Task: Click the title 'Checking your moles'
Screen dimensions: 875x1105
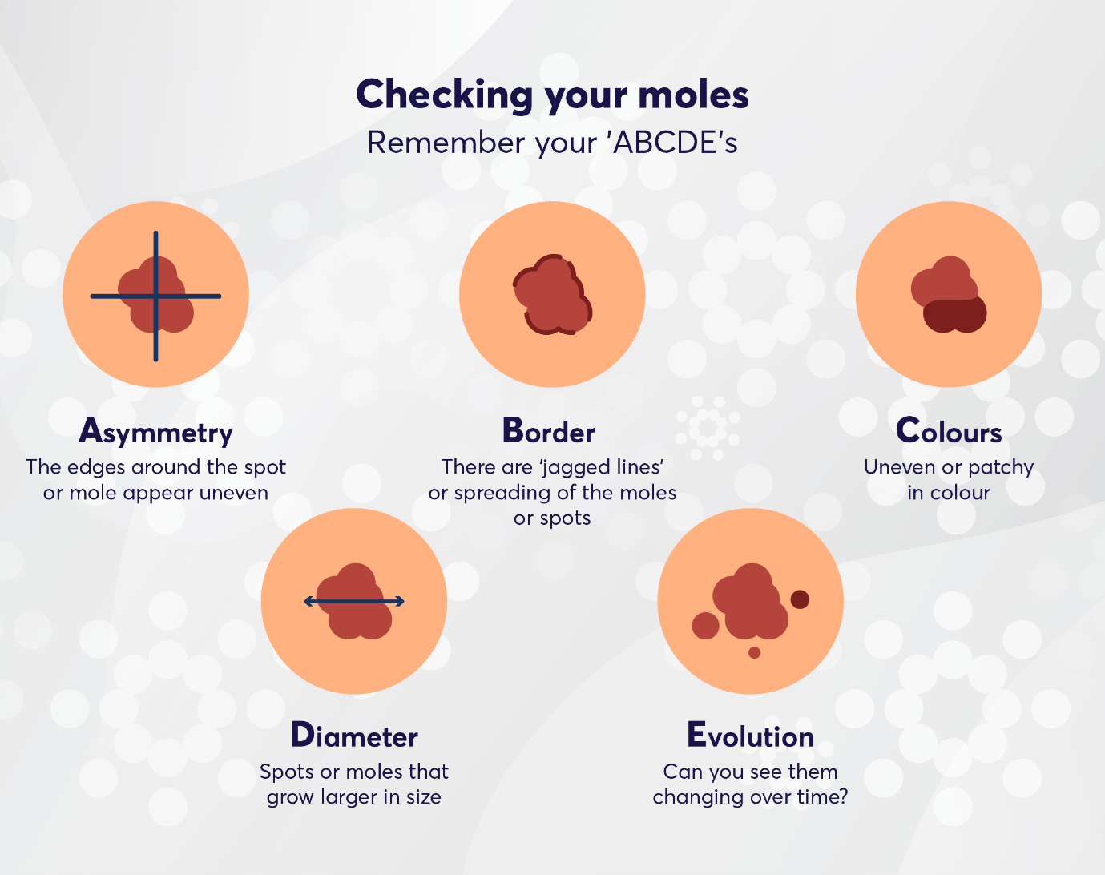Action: (x=552, y=95)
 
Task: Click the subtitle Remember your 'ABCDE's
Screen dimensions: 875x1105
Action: (x=552, y=143)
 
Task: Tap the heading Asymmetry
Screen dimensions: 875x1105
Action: (x=155, y=432)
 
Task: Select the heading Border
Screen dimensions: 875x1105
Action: (x=549, y=432)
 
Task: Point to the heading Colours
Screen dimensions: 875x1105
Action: (x=949, y=432)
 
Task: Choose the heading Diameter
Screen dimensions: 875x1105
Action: (x=354, y=736)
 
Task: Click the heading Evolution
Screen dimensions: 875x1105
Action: (x=750, y=736)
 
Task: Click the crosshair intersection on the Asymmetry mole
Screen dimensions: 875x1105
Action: (x=155, y=296)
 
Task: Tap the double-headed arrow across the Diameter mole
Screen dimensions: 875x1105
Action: (x=354, y=601)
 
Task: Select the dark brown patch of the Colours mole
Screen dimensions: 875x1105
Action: (x=954, y=315)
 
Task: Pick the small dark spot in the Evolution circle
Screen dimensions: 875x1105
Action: (x=800, y=599)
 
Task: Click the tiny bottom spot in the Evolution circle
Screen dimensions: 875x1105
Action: (x=754, y=652)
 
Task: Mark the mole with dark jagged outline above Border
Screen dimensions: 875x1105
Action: (x=552, y=295)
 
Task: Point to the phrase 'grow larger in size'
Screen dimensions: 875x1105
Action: (x=354, y=797)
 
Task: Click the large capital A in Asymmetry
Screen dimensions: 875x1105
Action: (x=91, y=431)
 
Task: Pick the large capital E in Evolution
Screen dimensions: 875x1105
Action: (x=696, y=735)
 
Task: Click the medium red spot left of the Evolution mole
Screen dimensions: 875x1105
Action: (x=705, y=626)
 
